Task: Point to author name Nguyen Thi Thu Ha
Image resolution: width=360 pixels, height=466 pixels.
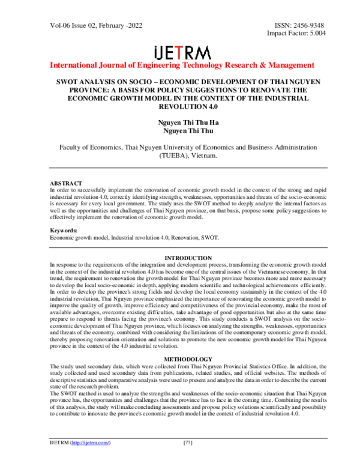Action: pos(180,122)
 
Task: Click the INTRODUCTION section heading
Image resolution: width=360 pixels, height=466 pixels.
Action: pos(180,258)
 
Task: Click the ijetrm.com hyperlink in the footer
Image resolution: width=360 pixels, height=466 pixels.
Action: pos(91,459)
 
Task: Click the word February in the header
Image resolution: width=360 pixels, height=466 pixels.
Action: pos(112,25)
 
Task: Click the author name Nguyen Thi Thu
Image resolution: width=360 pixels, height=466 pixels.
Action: pos(180,131)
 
